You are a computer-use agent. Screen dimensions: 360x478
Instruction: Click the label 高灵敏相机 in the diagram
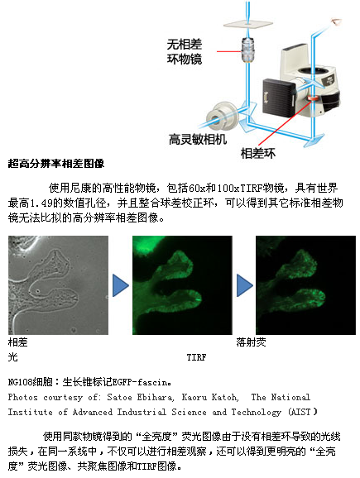point(198,140)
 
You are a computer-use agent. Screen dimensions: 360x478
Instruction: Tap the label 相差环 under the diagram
point(258,153)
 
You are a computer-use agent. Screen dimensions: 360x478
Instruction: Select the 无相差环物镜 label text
point(185,52)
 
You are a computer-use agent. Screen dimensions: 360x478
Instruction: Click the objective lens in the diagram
point(248,50)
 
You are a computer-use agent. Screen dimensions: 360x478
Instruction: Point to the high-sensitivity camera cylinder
point(221,117)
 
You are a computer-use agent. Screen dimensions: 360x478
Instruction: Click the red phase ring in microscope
point(312,98)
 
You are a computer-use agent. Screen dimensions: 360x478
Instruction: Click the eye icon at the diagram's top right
point(337,22)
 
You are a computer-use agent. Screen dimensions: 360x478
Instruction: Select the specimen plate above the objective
point(247,24)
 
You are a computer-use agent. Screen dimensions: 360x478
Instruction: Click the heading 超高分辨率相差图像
point(56,164)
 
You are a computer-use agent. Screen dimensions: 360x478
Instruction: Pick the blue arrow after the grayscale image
point(121,285)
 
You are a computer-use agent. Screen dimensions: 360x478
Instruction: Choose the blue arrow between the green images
point(245,285)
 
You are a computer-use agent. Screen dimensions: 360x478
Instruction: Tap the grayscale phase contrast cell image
point(58,285)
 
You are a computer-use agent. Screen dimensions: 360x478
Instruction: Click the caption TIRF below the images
point(196,357)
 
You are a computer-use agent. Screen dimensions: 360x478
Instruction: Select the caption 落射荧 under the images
point(251,342)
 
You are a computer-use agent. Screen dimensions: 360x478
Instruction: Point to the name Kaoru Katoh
point(209,397)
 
